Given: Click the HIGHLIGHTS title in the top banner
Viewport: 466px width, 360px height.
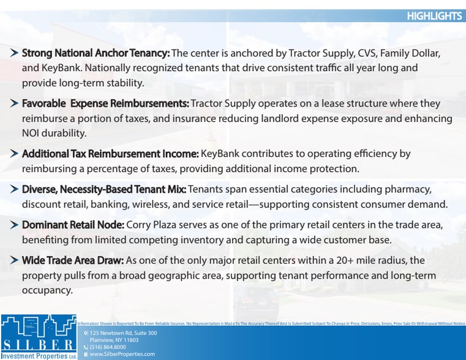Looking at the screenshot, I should pos(434,16).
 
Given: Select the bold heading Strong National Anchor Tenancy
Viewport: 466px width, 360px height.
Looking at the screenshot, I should pos(96,53).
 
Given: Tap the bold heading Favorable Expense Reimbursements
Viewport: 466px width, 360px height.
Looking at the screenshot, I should pos(105,103).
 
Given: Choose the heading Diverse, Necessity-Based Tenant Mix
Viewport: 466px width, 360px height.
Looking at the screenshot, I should pos(104,189).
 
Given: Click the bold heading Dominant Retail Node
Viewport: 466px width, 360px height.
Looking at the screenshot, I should pos(73,225).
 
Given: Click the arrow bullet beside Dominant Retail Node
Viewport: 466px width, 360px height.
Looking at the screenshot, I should pos(13,225).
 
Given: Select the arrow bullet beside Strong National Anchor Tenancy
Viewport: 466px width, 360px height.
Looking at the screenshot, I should pos(13,53).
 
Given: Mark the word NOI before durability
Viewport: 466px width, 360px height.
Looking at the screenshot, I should pos(32,132).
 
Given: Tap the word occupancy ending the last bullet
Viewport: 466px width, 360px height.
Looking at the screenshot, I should pos(47,290).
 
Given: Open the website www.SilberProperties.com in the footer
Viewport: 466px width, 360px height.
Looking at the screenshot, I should pos(122,354).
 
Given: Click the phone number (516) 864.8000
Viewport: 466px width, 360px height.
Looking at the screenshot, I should pos(108,347).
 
